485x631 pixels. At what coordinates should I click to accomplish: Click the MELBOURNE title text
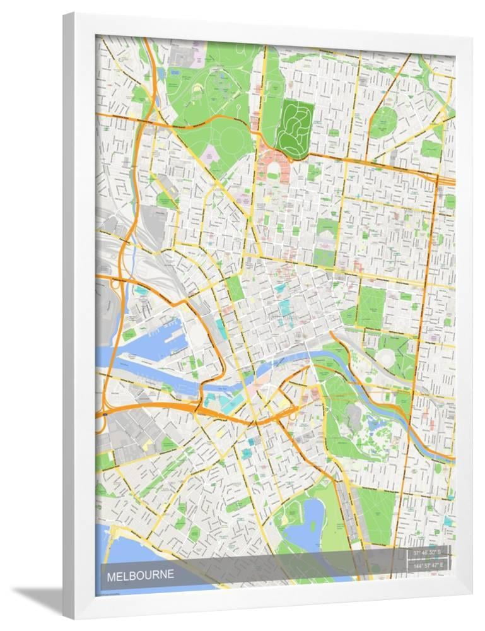pos(139,575)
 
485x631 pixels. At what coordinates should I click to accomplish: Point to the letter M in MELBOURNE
pos(111,575)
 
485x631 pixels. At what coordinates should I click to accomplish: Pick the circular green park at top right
pos(383,121)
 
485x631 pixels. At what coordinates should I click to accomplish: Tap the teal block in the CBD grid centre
pos(284,309)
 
